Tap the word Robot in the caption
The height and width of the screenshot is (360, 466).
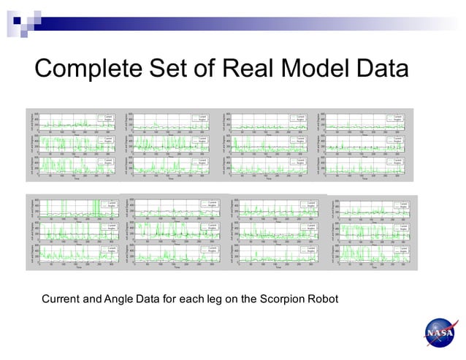[x=329, y=299]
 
